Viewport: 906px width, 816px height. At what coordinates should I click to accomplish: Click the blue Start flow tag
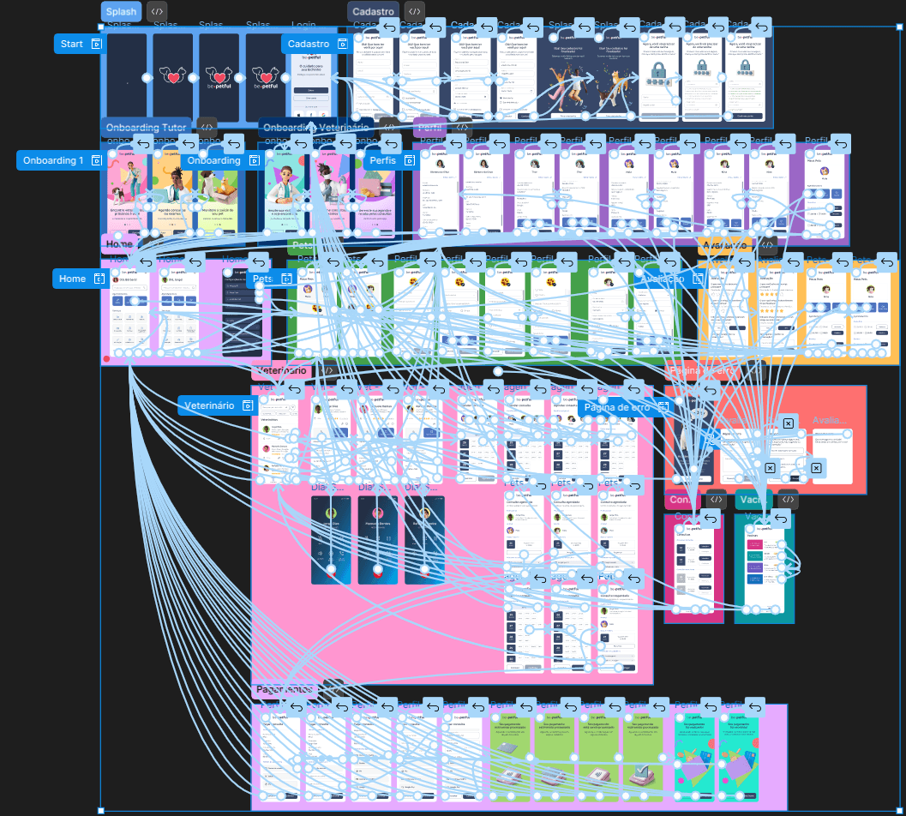point(78,44)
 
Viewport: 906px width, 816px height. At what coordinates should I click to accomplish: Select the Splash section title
point(120,12)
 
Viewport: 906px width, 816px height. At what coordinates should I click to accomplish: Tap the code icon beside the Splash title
point(157,12)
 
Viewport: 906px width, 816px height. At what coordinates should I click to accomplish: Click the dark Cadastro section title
point(372,12)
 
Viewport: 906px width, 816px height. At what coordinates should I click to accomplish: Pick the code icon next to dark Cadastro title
point(414,12)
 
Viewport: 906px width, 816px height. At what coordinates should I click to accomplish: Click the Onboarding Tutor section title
point(146,128)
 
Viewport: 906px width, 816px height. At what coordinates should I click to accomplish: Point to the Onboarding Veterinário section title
point(315,128)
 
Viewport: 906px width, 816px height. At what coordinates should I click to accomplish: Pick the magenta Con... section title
point(682,500)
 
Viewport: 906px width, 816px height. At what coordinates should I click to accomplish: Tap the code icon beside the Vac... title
point(788,500)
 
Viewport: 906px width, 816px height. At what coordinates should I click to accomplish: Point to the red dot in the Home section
point(106,359)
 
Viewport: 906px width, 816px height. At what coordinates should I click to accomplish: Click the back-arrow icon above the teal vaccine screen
point(782,519)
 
